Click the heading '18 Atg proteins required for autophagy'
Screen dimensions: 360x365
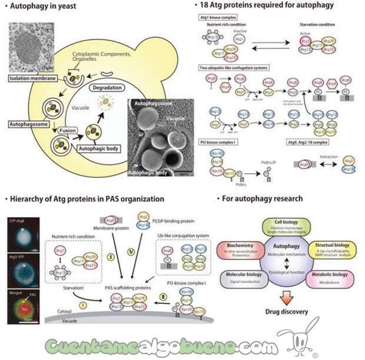click(271, 5)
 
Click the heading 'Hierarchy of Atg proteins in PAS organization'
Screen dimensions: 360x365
click(85, 199)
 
